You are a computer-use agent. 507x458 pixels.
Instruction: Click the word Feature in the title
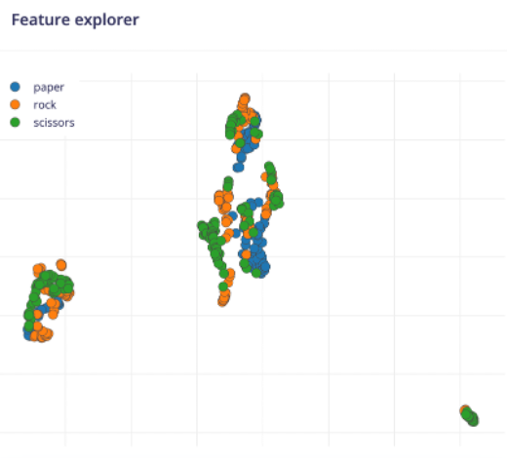click(x=38, y=19)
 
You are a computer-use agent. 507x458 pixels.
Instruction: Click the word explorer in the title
click(x=104, y=19)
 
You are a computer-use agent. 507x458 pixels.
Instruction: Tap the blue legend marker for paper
click(x=15, y=87)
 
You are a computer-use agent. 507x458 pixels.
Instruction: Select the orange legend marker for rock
click(x=15, y=104)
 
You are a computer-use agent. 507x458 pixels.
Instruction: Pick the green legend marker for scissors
click(x=15, y=122)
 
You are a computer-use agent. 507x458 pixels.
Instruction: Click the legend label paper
click(x=49, y=87)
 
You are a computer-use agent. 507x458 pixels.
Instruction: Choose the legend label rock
click(x=45, y=104)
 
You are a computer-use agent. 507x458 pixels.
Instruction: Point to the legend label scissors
click(x=54, y=122)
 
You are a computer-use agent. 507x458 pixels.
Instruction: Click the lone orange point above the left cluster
click(x=61, y=264)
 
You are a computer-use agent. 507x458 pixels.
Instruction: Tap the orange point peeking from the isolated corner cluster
click(x=465, y=410)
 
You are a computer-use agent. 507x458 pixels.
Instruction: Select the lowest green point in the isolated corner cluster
click(x=473, y=420)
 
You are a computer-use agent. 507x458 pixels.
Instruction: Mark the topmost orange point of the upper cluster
click(x=244, y=98)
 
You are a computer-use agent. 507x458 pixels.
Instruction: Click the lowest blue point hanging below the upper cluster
click(x=240, y=167)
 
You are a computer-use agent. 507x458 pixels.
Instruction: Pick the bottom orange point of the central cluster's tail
click(x=223, y=300)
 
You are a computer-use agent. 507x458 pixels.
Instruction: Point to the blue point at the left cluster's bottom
click(x=29, y=333)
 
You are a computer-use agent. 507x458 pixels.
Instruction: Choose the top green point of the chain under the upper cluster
click(x=228, y=181)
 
